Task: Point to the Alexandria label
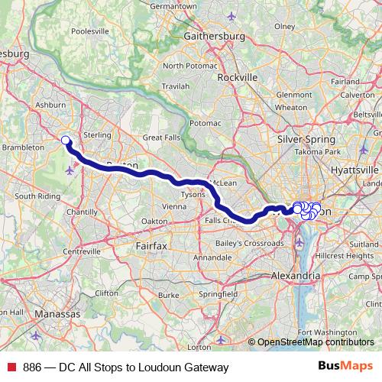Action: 296,275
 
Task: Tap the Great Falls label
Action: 163,138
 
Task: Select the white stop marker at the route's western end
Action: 66,141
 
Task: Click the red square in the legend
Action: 13,366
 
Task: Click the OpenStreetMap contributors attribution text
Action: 314,342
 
